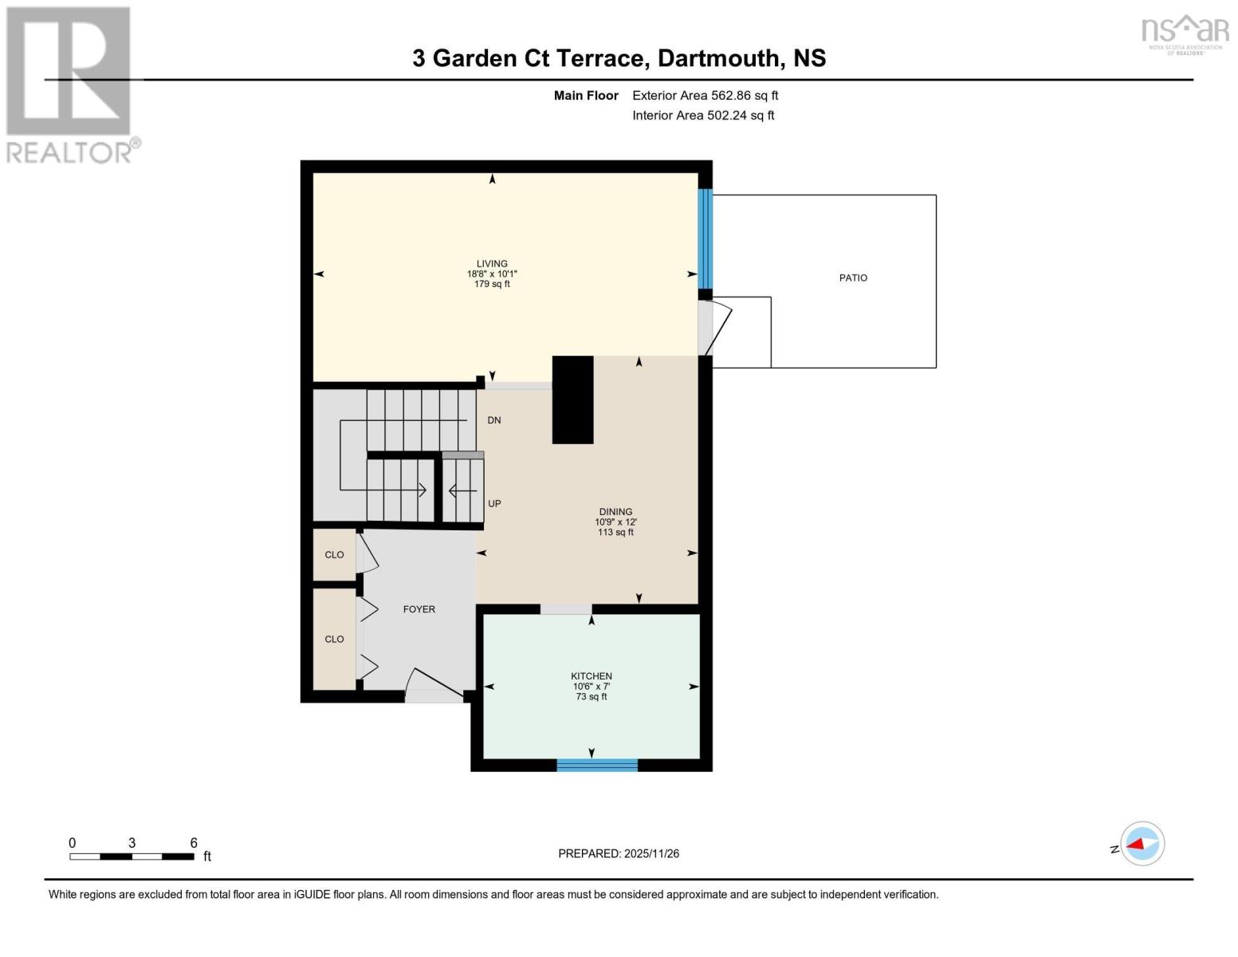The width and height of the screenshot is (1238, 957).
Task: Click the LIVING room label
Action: click(492, 264)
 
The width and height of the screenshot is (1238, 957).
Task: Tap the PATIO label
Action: click(852, 278)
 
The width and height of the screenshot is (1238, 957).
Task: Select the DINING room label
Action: click(615, 512)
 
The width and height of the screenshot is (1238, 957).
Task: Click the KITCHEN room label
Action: click(591, 676)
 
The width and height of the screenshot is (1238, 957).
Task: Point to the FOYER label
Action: click(419, 609)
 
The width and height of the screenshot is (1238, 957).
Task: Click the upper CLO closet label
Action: click(334, 555)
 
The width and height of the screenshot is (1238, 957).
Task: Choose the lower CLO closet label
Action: click(334, 640)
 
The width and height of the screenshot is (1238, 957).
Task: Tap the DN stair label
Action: click(494, 420)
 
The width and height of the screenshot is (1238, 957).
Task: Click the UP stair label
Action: click(494, 504)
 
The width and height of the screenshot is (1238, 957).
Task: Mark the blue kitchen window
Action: click(597, 766)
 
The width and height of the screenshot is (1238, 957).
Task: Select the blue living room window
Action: click(705, 239)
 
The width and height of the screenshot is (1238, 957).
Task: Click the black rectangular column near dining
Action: click(572, 400)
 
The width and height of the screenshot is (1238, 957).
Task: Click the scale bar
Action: click(132, 857)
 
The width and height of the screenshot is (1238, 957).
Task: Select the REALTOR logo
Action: click(70, 84)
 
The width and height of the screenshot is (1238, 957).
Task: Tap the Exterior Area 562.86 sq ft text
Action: click(705, 96)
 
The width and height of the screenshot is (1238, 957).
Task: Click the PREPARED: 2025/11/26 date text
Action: click(618, 854)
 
